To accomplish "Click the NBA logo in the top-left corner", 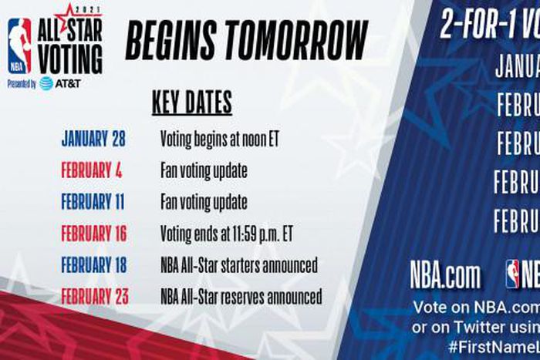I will (x=19, y=46).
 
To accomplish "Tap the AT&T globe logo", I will (x=46, y=83).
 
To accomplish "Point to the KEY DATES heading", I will (x=191, y=103).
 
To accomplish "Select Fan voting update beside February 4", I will (x=204, y=171).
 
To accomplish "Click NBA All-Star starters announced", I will (x=238, y=265).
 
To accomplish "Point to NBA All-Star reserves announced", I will (x=241, y=296).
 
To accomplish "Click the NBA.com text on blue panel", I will (x=445, y=276).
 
